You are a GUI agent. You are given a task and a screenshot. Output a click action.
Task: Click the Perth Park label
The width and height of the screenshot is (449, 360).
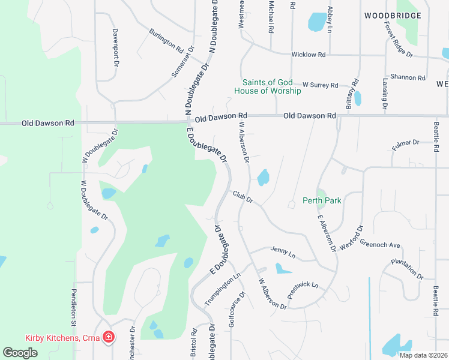pyautogui.click(x=322, y=200)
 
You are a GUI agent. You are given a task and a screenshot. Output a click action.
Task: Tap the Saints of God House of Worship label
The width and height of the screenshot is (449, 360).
pyautogui.click(x=268, y=86)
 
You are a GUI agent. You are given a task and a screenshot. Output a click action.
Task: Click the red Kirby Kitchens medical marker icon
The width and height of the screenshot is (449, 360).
pyautogui.click(x=108, y=337)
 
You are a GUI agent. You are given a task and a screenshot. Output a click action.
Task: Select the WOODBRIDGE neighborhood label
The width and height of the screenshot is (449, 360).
pyautogui.click(x=392, y=15)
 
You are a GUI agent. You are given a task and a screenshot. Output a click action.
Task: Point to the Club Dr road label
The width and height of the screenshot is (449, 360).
pyautogui.click(x=243, y=196)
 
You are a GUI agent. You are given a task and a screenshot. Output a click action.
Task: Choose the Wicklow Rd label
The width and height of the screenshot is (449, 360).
pyautogui.click(x=308, y=55)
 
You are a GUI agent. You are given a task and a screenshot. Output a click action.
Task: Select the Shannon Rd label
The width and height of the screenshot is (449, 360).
pyautogui.click(x=407, y=77)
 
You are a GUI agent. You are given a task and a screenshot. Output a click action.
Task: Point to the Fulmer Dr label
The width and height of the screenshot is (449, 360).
pyautogui.click(x=406, y=143)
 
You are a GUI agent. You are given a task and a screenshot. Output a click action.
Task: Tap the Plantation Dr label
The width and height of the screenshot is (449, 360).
pyautogui.click(x=407, y=269)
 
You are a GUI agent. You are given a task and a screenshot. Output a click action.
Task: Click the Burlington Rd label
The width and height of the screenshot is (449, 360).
pyautogui.click(x=166, y=39)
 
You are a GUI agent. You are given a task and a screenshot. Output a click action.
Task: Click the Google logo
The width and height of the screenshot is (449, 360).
pyautogui.click(x=20, y=353)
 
